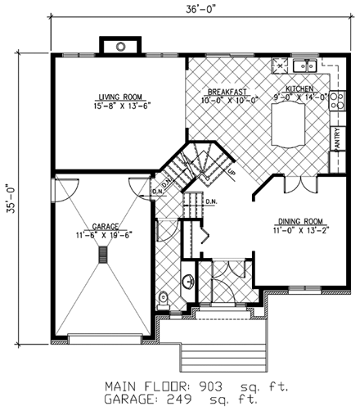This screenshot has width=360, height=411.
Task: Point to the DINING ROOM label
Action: [x=299, y=220]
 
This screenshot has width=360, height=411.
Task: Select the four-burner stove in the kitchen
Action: [x=280, y=65]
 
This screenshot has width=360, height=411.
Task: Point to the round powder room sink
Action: [x=187, y=281]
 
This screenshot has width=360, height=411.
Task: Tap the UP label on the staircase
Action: [x=232, y=172]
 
